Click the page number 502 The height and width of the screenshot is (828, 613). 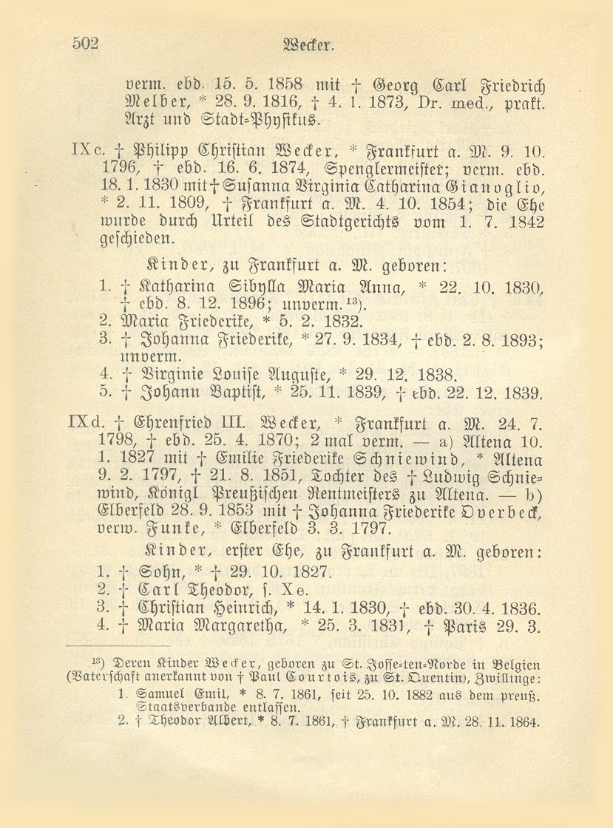[x=86, y=43]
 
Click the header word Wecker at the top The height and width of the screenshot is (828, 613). [x=314, y=44]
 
